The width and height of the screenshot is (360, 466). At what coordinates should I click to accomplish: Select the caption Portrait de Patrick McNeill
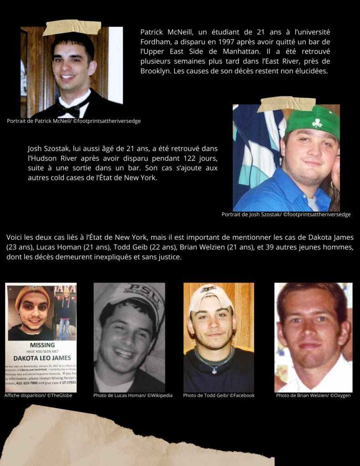[74, 121]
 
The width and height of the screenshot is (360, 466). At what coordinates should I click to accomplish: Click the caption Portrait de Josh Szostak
[286, 214]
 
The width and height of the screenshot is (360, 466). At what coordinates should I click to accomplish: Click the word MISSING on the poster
[42, 345]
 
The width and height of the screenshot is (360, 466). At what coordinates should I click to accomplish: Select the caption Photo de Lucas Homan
[133, 395]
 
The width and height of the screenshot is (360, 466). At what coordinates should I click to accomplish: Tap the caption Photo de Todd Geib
[218, 395]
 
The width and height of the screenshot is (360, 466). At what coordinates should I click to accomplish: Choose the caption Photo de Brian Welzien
[313, 395]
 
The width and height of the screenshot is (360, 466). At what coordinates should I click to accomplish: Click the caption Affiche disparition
[38, 395]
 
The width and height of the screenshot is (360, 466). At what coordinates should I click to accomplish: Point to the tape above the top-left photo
[71, 27]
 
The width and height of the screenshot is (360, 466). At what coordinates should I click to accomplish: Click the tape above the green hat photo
[286, 104]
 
